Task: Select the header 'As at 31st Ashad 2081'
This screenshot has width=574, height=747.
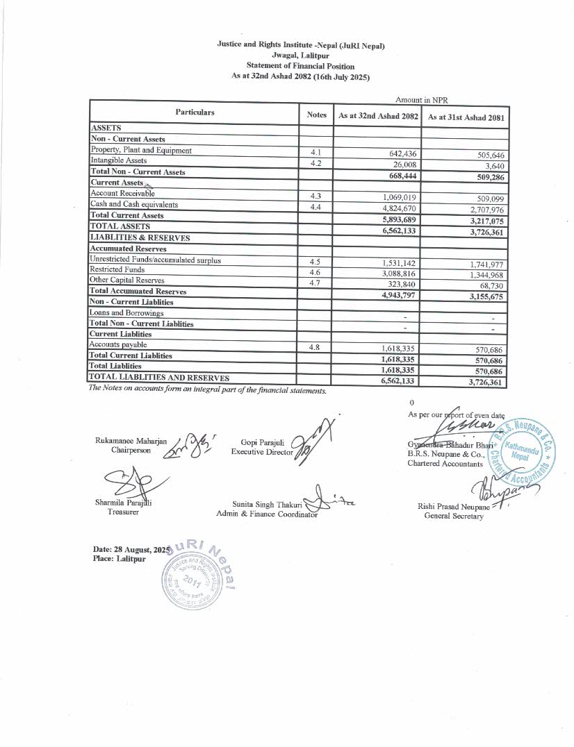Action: (x=465, y=117)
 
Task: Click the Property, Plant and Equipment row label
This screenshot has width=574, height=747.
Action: (x=141, y=150)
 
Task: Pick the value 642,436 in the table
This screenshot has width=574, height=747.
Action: (x=399, y=154)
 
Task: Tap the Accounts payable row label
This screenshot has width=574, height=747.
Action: (x=118, y=344)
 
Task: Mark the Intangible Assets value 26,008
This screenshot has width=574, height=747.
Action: (x=403, y=165)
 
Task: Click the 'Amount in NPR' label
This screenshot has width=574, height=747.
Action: (x=421, y=101)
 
